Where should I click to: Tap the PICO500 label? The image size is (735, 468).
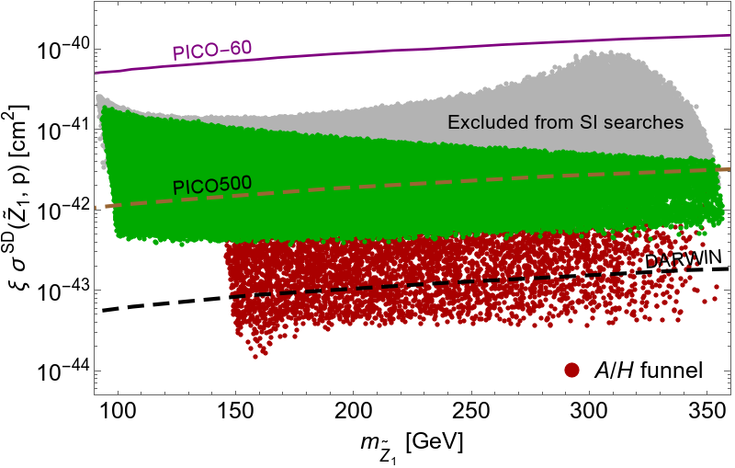tap(203, 186)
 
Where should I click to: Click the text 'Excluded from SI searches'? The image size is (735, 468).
tap(566, 121)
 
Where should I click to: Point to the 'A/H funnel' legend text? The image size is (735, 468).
tap(647, 371)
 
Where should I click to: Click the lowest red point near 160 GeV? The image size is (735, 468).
tap(255, 356)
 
